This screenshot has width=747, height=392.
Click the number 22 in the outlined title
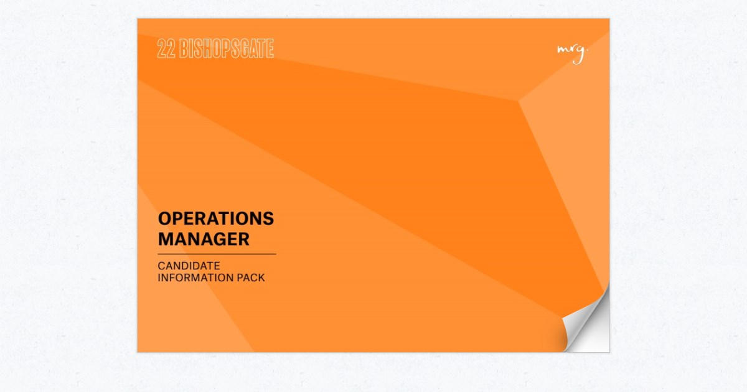point(166,49)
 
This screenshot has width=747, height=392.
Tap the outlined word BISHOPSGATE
point(227,49)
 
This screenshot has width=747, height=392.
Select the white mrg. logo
point(571,52)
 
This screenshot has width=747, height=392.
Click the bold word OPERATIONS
point(215,218)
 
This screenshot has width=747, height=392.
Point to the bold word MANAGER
point(204,239)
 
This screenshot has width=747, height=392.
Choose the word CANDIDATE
point(189,266)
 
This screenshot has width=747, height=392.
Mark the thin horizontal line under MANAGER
point(217,254)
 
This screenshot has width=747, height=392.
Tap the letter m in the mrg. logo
point(562,50)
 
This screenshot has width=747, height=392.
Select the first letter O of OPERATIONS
point(164,218)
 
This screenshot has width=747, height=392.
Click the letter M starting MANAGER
point(165,239)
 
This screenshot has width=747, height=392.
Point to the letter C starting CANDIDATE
point(161,266)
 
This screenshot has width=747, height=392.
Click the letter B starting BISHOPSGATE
point(183,49)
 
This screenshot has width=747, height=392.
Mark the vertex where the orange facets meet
point(519,101)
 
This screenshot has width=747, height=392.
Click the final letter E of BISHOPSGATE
point(270,49)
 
